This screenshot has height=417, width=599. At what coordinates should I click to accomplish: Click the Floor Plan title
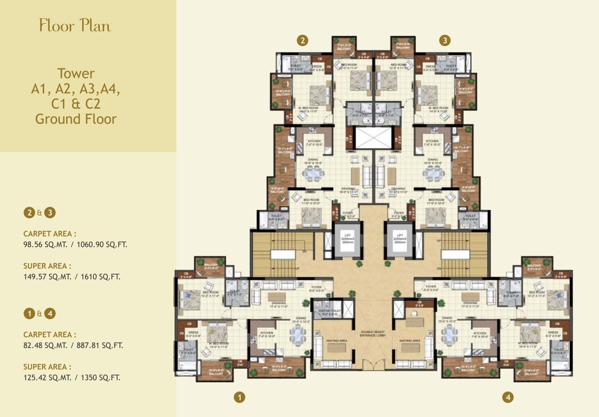coord(75,25)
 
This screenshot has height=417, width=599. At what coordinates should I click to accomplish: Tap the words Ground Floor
coord(76,118)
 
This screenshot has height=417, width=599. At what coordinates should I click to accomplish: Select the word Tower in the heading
coord(76,73)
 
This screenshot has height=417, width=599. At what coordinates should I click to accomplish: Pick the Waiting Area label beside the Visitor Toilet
coord(337,340)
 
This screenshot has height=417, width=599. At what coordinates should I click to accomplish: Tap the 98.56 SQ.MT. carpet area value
coord(43,244)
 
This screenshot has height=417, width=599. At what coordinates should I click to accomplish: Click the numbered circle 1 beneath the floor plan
coord(239,397)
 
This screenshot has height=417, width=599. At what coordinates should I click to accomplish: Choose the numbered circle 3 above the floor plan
coord(445,40)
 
